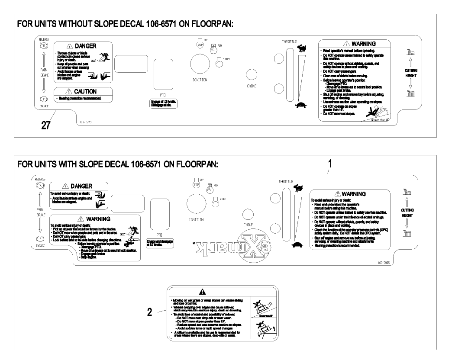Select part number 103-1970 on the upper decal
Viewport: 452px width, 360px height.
tap(85, 122)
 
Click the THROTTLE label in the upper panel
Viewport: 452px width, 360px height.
tap(290, 41)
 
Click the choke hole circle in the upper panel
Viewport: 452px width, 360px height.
tap(252, 74)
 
